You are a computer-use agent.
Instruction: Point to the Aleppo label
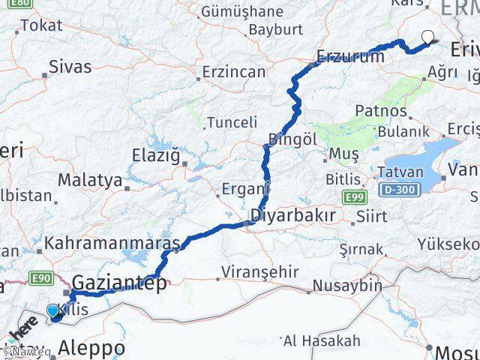pos(91,348)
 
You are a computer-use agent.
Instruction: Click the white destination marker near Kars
pos(427,36)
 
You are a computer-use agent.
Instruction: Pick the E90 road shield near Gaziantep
pos(41,279)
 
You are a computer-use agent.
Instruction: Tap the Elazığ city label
pos(157,156)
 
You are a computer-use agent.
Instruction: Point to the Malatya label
pos(89,180)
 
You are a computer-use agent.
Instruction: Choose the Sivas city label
pos(70,66)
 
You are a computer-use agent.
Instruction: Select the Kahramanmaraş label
pos(112,244)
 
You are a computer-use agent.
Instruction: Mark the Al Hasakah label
pos(322,340)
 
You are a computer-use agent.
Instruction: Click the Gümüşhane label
pos(241,11)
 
